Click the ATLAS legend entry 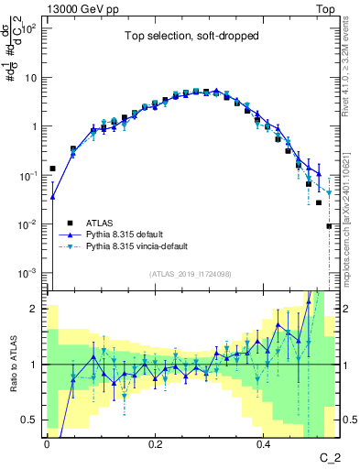tap(101, 222)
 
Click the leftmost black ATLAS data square tap(53, 169)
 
